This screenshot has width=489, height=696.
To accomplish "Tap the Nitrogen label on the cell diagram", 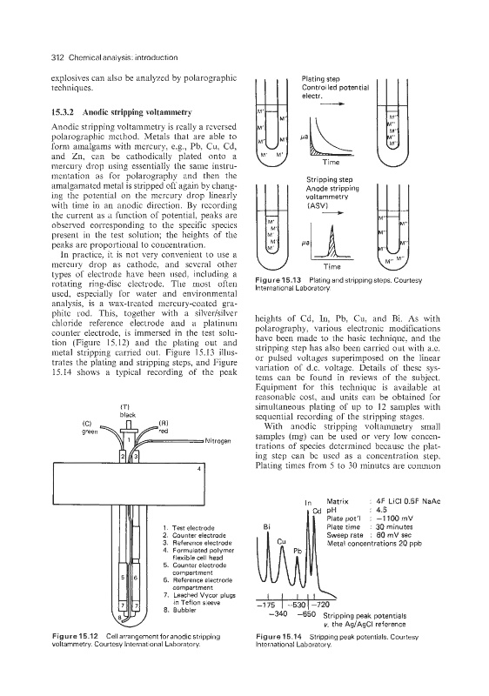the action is point(218,441).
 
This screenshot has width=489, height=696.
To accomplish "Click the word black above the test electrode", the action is point(128,415).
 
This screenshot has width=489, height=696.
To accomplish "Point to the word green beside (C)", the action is point(90,431).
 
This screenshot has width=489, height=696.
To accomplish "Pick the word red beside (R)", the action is point(164,430).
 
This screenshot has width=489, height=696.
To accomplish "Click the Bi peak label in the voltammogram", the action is point(266,527).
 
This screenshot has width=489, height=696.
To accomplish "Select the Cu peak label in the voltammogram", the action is point(281,541).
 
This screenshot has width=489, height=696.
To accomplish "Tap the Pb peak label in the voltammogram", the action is point(298,551).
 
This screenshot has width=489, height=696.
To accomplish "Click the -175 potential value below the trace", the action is point(267,605).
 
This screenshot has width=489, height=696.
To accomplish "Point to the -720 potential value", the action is point(320,605).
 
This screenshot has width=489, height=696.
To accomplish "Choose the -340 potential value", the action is point(278,614).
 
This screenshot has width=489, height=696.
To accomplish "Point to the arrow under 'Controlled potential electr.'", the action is point(332,104).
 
